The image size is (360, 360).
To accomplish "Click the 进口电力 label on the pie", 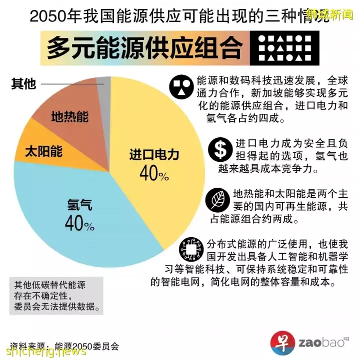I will pos(154,154).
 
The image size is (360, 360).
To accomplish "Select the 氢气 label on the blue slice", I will pos(80,204).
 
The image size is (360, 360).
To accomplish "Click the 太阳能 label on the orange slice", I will pos(43,150).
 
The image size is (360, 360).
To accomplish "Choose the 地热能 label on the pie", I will pos(69,117).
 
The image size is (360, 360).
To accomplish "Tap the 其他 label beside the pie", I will pos(23,84).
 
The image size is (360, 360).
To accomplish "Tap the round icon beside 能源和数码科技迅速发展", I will pos(181,87).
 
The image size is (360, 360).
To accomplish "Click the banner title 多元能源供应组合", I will pos(145,48).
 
